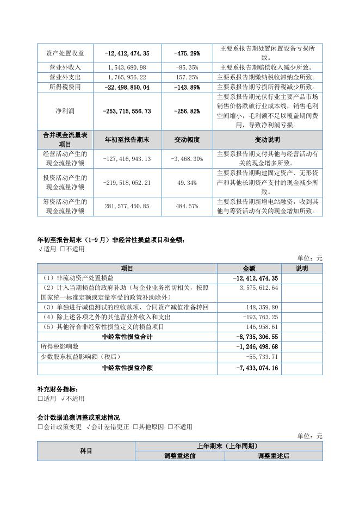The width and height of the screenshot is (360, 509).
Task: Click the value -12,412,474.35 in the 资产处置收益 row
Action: click(127, 53)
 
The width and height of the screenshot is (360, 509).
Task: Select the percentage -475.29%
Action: click(187, 53)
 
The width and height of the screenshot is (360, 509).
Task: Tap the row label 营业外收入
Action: click(65, 67)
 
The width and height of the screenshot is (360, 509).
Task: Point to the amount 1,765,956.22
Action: click(127, 77)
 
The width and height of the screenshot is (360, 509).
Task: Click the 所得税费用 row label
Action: click(65, 87)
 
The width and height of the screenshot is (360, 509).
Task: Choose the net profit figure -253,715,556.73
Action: click(127, 111)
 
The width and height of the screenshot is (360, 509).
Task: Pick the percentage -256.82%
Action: click(187, 111)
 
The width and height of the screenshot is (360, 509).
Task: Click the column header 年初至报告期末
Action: click(127, 140)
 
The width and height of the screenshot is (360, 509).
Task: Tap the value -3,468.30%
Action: click(187, 158)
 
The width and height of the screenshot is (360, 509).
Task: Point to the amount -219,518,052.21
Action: click(127, 183)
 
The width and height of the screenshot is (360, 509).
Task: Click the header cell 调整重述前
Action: click(180, 456)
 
